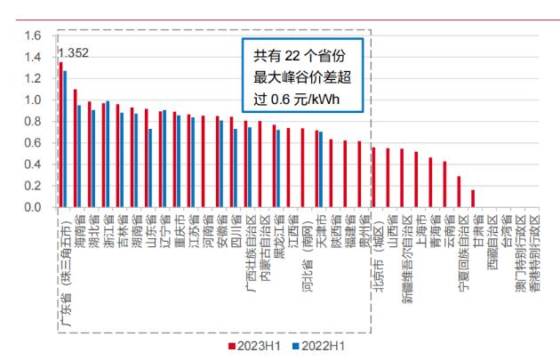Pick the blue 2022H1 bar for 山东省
pyautogui.click(x=150, y=168)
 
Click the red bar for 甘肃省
pyautogui.click(x=472, y=199)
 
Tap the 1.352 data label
pyautogui.click(x=72, y=52)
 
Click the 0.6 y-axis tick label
pyautogui.click(x=32, y=143)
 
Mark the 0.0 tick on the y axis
pyautogui.click(x=32, y=208)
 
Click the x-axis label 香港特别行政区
pyautogui.click(x=533, y=258)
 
